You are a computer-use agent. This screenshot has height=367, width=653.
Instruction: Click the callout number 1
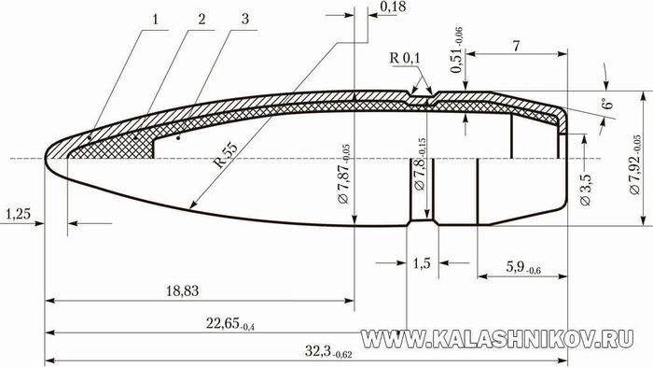[x=156, y=20]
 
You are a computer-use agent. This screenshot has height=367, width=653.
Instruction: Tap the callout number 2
[x=201, y=20]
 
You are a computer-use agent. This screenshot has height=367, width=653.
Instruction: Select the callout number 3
[x=245, y=19]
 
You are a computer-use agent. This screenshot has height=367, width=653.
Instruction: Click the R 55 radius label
[x=226, y=155]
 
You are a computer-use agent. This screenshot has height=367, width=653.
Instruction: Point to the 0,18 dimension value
[x=393, y=7]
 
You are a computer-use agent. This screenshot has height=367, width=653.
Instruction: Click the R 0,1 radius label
[x=405, y=58]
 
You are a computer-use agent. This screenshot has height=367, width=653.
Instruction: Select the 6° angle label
[x=608, y=101]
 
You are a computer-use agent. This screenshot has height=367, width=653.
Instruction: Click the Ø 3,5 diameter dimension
[x=585, y=190]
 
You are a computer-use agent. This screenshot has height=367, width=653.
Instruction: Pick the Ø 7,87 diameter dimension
[x=344, y=174]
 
